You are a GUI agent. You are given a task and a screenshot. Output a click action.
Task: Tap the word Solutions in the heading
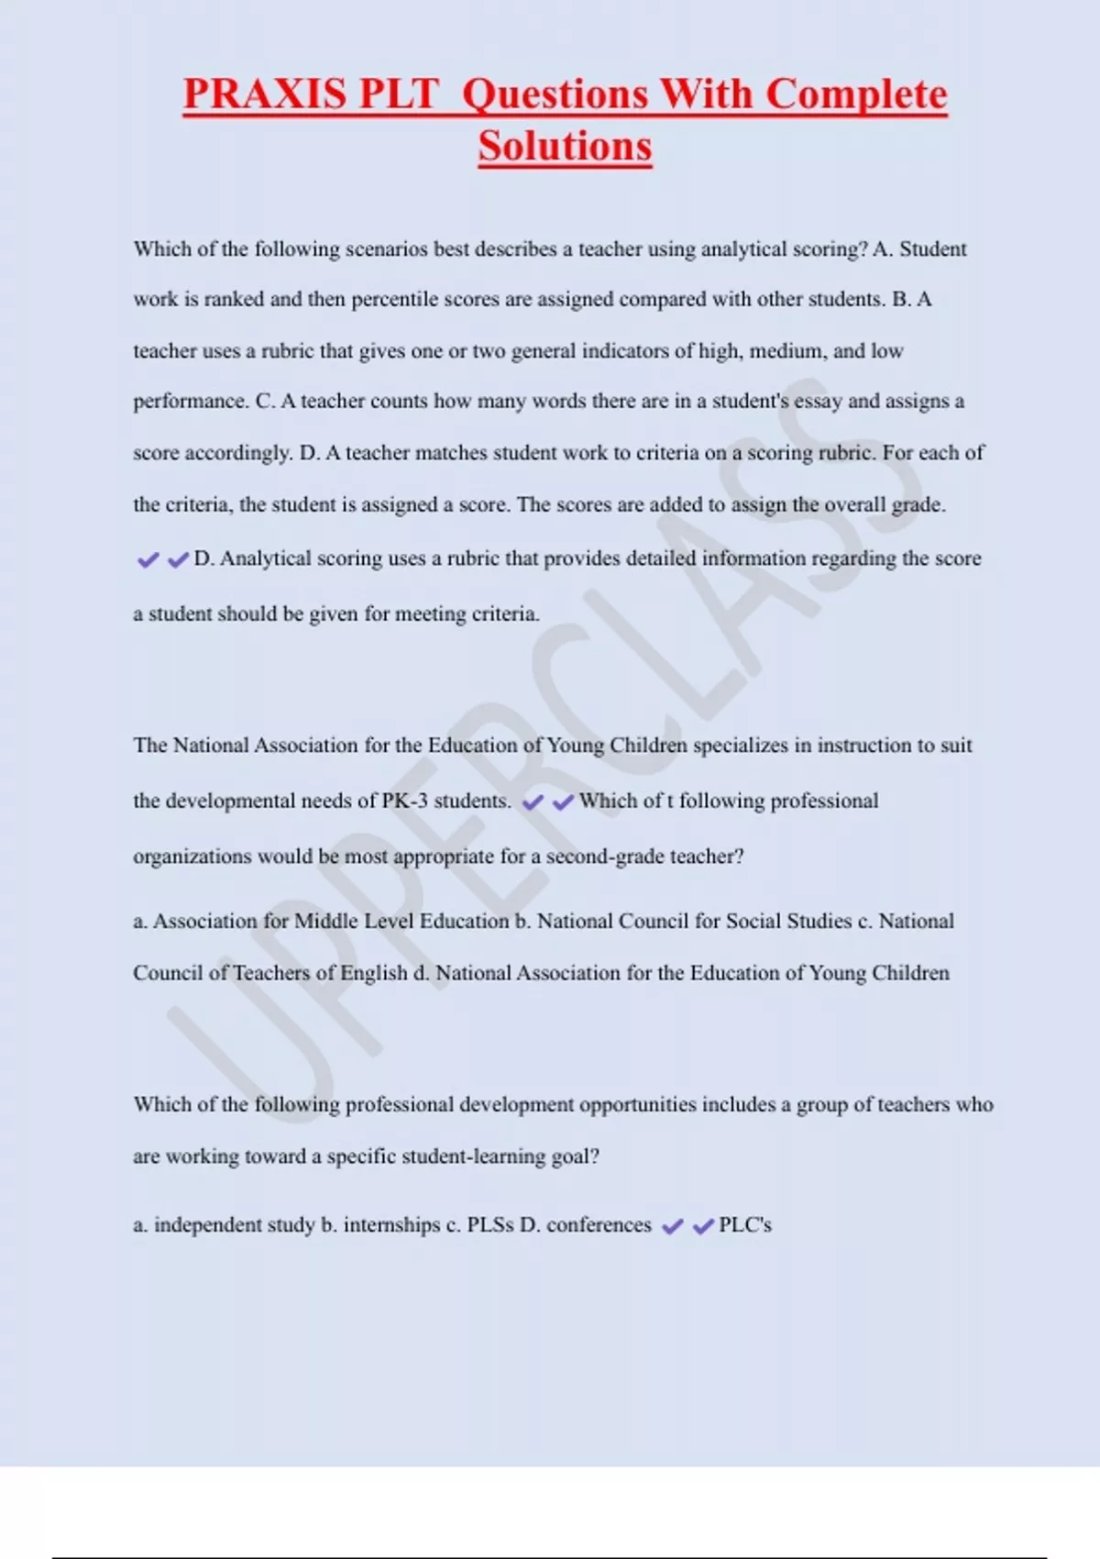click(565, 147)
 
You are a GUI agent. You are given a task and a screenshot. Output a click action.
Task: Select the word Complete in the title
click(856, 94)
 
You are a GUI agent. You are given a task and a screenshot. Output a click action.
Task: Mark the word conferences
click(599, 1225)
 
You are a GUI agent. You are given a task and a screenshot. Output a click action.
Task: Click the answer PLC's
click(745, 1225)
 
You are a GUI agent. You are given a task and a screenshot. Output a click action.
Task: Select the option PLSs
click(489, 1225)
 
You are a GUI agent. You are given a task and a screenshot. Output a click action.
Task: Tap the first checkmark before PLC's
click(672, 1227)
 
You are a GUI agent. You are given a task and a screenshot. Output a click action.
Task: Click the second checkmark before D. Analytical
click(179, 559)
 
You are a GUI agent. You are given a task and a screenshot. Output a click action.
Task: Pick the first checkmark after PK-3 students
click(533, 802)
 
